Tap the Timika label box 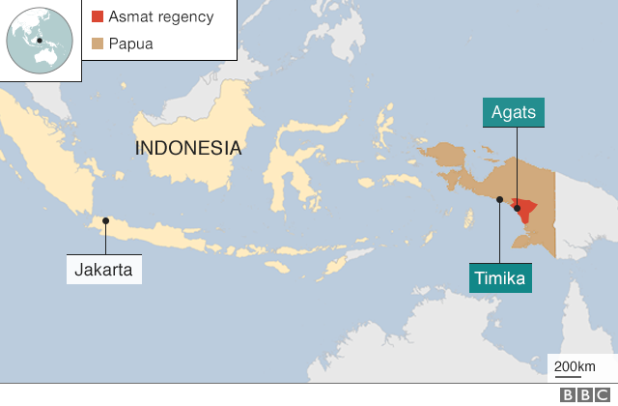click(x=499, y=279)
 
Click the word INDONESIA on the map click(x=188, y=148)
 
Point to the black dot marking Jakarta click(x=105, y=221)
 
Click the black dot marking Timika click(x=499, y=200)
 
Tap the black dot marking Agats click(x=517, y=207)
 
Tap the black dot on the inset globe click(x=40, y=41)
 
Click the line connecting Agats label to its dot click(x=516, y=164)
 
